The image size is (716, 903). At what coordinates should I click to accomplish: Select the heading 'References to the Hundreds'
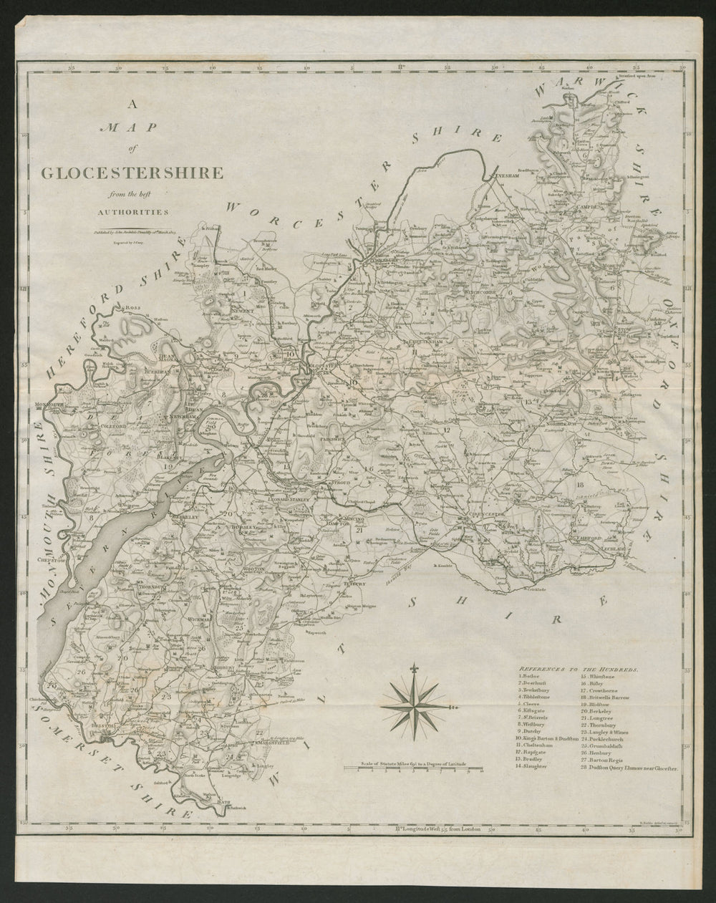click(x=578, y=667)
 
